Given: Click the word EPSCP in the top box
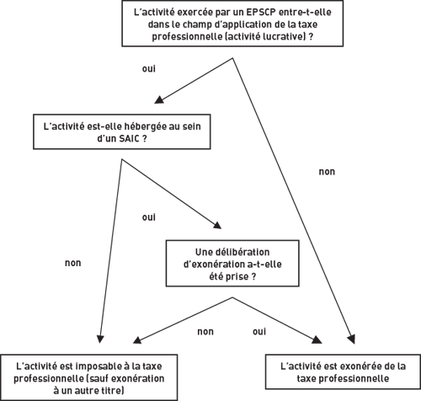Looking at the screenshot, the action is [x=260, y=13].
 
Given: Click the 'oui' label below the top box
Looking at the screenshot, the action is [x=149, y=69].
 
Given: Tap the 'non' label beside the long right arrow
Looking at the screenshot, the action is [x=327, y=172].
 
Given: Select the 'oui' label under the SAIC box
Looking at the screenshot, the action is [x=149, y=217].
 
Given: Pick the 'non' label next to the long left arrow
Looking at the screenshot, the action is [x=73, y=263].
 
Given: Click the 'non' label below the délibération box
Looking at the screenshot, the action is [x=205, y=332].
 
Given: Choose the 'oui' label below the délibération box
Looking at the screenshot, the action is [x=259, y=332].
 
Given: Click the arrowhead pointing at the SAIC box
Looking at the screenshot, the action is [x=159, y=100].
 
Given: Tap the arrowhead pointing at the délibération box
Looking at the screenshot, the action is [x=217, y=225].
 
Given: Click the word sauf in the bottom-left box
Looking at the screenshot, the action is [x=98, y=378].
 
